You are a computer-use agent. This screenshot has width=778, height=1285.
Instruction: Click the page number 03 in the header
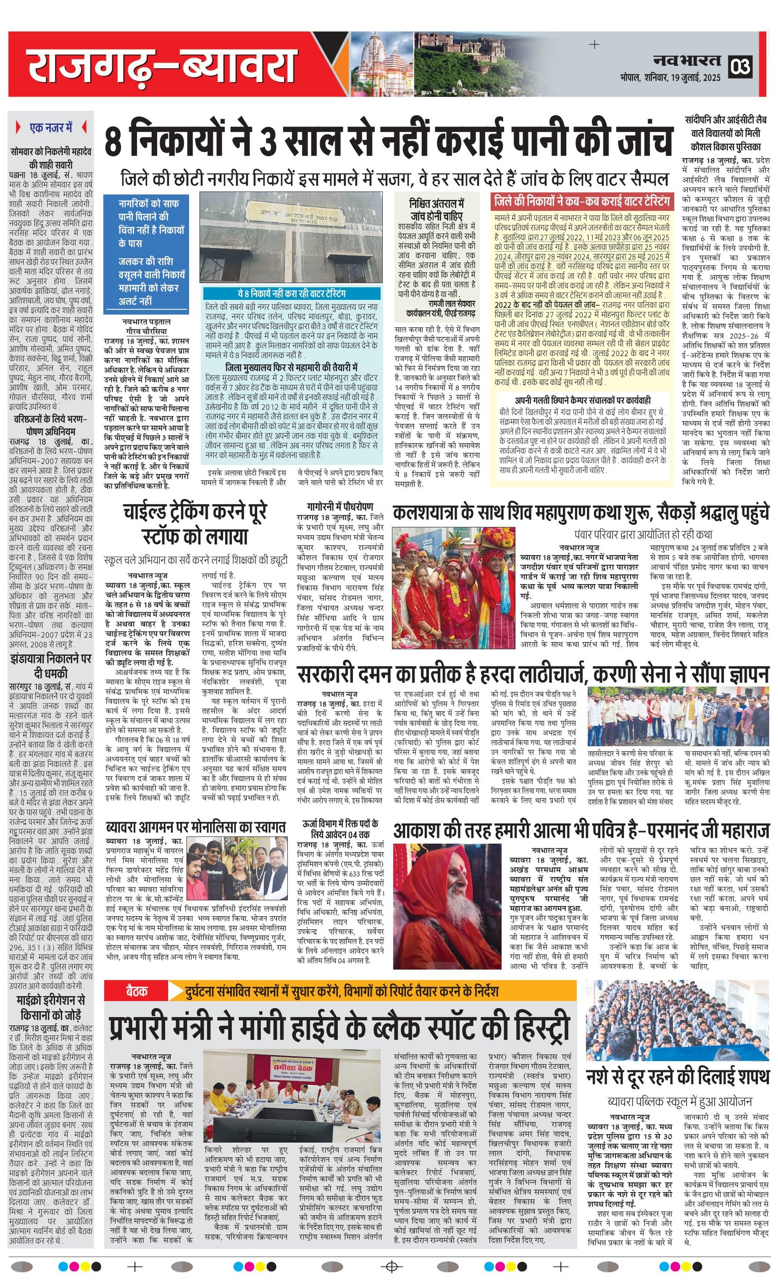pos(741,67)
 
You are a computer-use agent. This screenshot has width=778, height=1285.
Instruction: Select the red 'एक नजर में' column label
pos(51,127)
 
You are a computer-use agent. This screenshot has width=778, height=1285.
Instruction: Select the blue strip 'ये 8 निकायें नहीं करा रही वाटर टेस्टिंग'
pos(291,294)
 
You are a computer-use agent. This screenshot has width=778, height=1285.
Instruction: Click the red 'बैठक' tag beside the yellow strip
pos(135,990)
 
